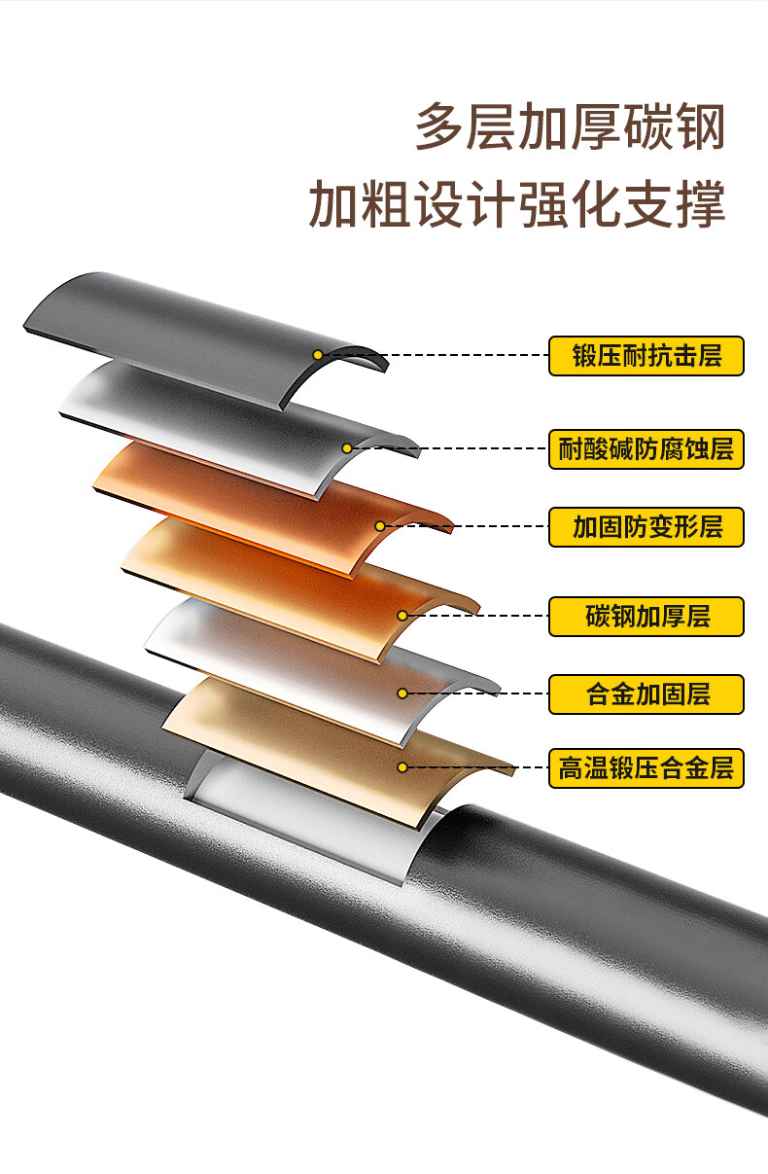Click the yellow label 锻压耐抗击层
(x=646, y=356)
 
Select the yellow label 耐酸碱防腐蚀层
(x=646, y=449)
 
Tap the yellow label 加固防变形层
(x=646, y=527)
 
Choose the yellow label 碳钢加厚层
(x=646, y=617)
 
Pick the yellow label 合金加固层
(x=646, y=694)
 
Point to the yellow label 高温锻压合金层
(x=646, y=768)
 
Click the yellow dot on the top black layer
(x=318, y=354)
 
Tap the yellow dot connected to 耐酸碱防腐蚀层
(x=346, y=448)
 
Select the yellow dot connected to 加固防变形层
(x=380, y=526)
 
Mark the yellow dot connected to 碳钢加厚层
(x=402, y=616)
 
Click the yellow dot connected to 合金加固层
(x=402, y=694)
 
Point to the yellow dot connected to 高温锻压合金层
(x=402, y=767)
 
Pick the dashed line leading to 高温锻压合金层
(x=476, y=767)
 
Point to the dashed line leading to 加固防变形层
(x=467, y=526)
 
